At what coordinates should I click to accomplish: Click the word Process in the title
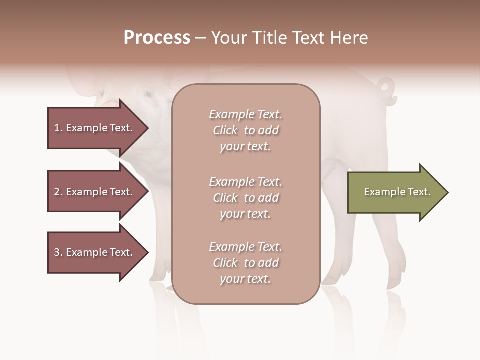click(x=157, y=37)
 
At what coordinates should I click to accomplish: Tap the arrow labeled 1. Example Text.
click(x=95, y=128)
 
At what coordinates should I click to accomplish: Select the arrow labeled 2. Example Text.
click(x=95, y=192)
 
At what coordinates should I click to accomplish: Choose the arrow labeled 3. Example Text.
click(x=95, y=252)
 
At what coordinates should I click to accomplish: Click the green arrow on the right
click(x=395, y=192)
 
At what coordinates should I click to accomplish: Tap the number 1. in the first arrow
click(x=58, y=128)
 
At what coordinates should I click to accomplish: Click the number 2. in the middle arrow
click(x=58, y=192)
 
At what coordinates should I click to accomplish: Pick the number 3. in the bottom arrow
click(x=58, y=252)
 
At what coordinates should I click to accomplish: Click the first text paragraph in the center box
click(x=245, y=130)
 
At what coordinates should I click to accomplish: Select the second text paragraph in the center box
click(x=245, y=197)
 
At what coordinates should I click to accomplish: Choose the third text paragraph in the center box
click(x=245, y=263)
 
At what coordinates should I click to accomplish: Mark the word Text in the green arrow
click(x=419, y=192)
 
